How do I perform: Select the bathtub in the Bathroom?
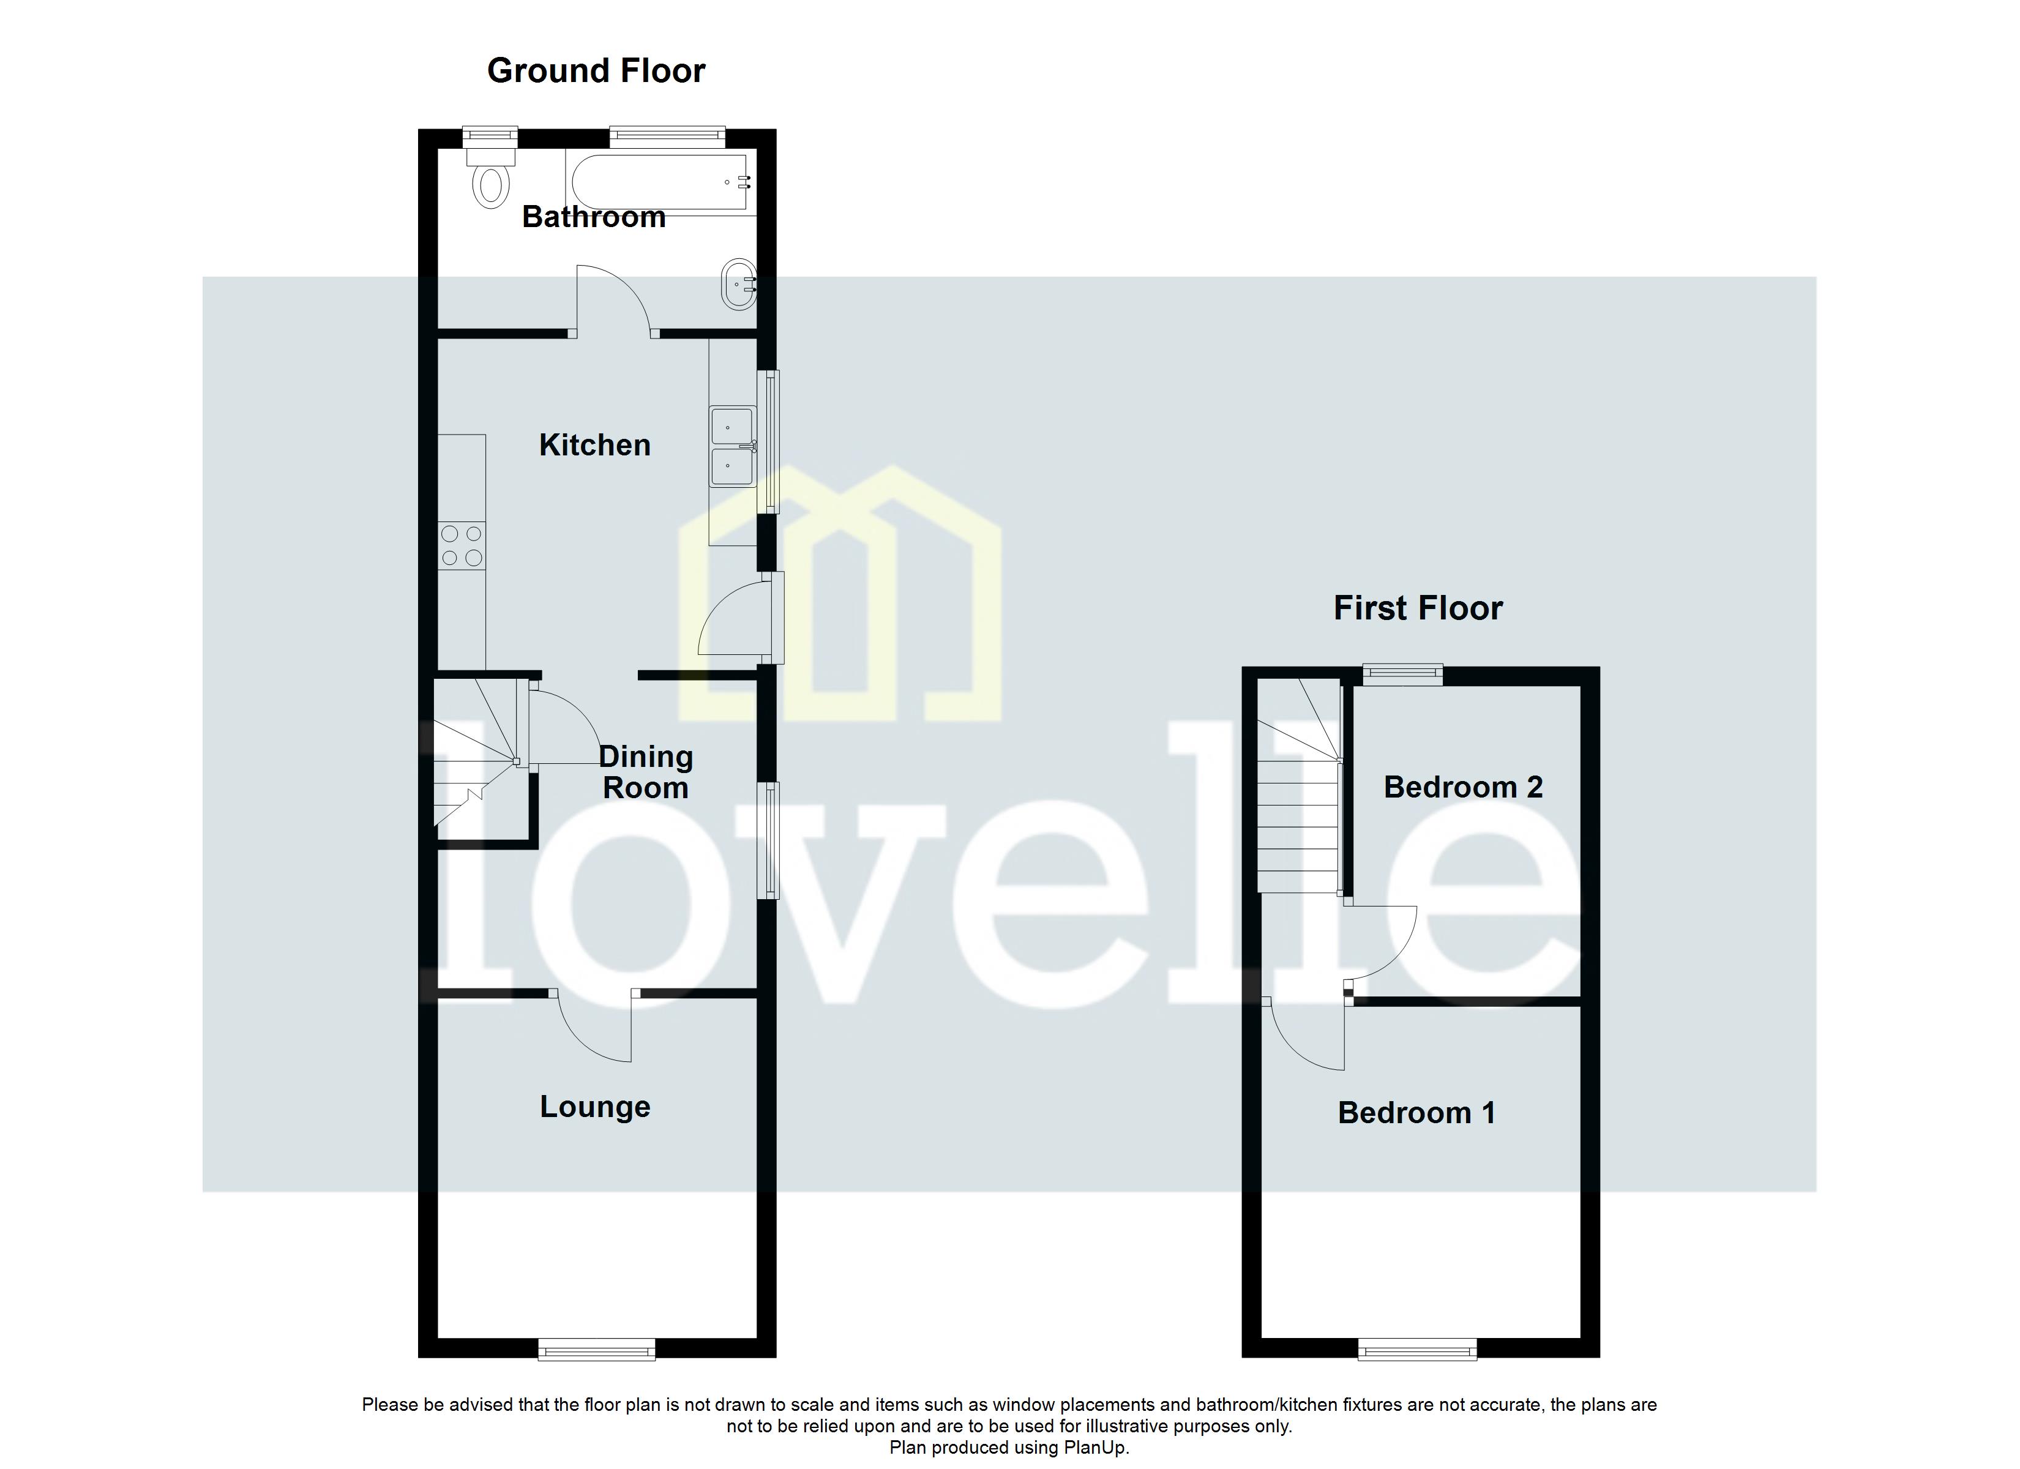coord(660,182)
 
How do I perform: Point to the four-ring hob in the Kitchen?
coord(462,545)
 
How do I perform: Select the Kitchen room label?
coord(595,444)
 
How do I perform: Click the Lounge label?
coord(595,1107)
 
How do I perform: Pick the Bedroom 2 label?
coord(1462,787)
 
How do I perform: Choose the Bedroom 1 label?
coord(1416,1113)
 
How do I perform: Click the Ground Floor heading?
coord(596,70)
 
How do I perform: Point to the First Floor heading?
coord(1418,608)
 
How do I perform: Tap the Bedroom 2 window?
coord(1403,675)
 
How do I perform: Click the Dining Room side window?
coord(768,840)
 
